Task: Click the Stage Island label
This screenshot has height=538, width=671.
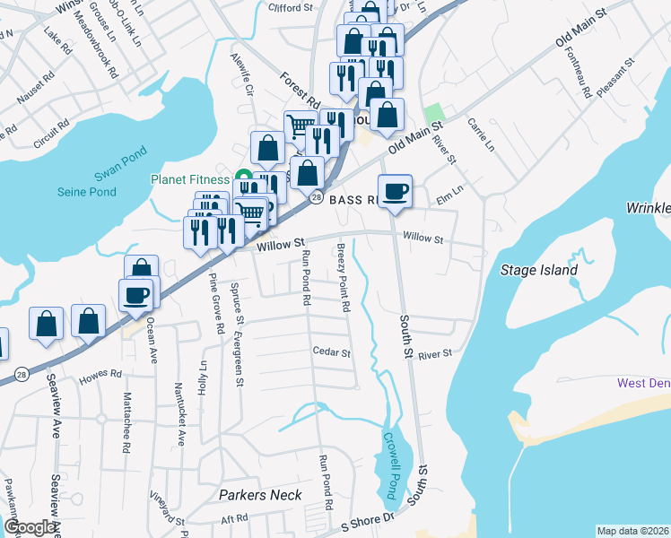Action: pyautogui.click(x=538, y=269)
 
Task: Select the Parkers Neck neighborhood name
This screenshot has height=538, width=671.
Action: pyautogui.click(x=261, y=494)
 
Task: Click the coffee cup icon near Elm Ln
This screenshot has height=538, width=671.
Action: pyautogui.click(x=394, y=190)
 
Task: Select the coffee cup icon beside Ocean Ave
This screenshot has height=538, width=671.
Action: pyautogui.click(x=135, y=294)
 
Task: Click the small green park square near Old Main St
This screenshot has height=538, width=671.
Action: pyautogui.click(x=434, y=112)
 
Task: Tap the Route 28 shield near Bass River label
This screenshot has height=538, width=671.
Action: pyautogui.click(x=316, y=197)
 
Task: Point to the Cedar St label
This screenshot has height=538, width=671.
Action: pyautogui.click(x=331, y=352)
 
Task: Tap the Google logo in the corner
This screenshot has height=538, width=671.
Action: pyautogui.click(x=29, y=527)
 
